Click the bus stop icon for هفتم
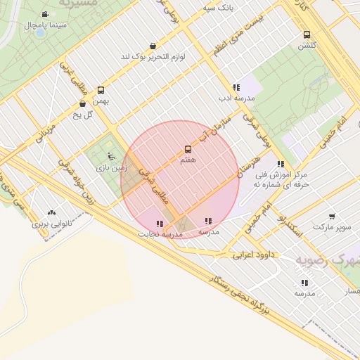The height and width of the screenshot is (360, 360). click(x=188, y=149)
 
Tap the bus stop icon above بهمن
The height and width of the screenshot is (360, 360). click(x=101, y=90)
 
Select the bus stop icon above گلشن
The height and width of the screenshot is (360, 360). click(x=307, y=34)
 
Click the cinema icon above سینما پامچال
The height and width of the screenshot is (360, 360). click(x=45, y=15)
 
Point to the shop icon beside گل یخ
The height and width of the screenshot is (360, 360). click(x=83, y=104)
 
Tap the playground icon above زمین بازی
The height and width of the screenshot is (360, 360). click(x=110, y=156)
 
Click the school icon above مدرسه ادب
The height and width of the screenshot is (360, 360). click(x=236, y=87)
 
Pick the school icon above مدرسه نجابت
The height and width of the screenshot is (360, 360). click(x=160, y=224)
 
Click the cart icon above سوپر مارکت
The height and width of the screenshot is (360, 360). click(x=331, y=216)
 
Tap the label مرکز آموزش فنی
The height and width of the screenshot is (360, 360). click(x=282, y=174)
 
